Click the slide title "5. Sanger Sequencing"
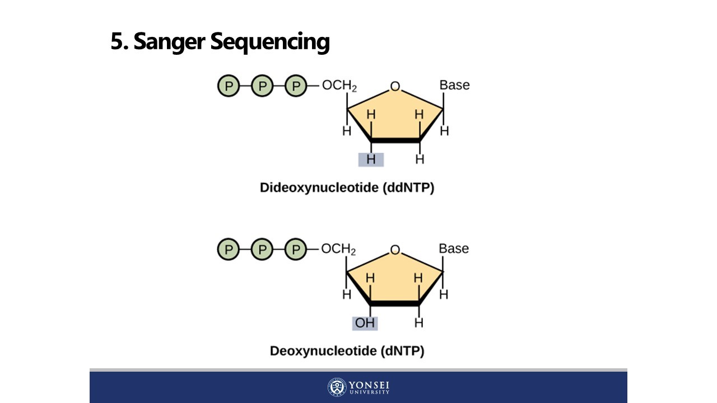tap(220, 42)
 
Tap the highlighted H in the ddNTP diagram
tap(371, 160)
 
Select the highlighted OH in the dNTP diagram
tap(365, 323)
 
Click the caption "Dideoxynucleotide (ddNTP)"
tap(347, 188)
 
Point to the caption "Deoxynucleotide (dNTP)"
tap(347, 351)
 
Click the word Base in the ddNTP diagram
tap(454, 85)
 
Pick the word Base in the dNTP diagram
tap(454, 249)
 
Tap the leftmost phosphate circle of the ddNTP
tap(229, 86)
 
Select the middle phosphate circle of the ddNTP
tap(262, 86)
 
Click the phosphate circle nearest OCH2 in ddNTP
tap(296, 86)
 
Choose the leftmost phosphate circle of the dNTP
tap(229, 250)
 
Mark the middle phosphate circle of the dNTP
tap(262, 250)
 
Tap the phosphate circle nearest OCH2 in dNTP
tap(296, 250)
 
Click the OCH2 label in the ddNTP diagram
tap(339, 86)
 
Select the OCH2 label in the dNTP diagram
tap(339, 250)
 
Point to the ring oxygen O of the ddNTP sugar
tap(395, 87)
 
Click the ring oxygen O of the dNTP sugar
tap(395, 250)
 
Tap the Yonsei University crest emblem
tap(337, 387)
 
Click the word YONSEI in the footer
tap(369, 385)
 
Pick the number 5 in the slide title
tap(117, 42)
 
